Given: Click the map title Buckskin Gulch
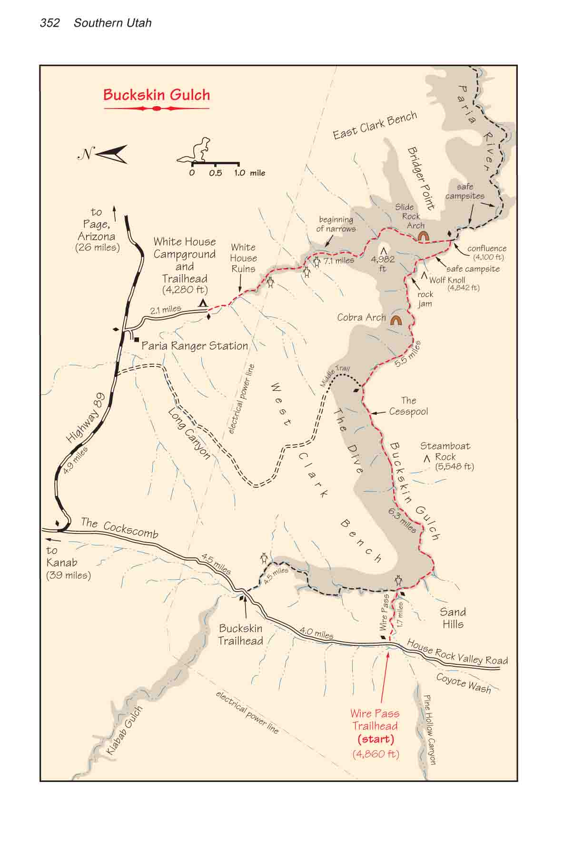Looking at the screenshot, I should coord(157,95).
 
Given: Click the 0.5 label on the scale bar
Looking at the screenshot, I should coord(215,173).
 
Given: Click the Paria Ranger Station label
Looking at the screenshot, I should coord(195,346).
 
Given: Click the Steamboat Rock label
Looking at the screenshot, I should coord(445,456).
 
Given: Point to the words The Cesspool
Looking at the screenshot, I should coord(408,406).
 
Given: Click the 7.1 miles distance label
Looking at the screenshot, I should coord(339,260).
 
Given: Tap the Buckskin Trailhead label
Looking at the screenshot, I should coord(240,634).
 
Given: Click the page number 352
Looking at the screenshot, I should coord(50,23).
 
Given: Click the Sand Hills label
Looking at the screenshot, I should coord(453,618).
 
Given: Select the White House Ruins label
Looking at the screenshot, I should coord(243,258).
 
